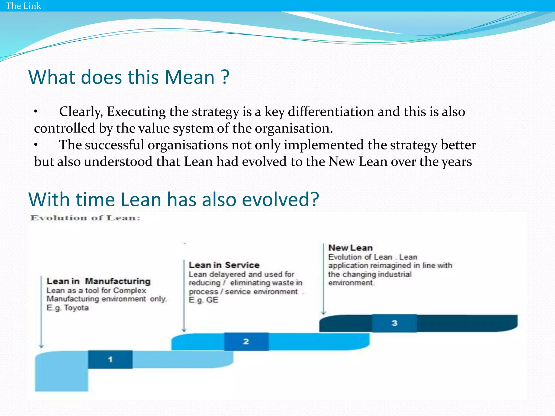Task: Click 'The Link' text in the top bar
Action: [x=23, y=6]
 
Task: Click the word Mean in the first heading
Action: [x=189, y=77]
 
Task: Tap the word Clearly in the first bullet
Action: [x=81, y=112]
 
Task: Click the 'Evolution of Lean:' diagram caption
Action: [x=85, y=218]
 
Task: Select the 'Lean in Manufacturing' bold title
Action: [x=98, y=281]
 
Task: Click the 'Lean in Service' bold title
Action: [x=224, y=265]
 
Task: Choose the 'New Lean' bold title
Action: [x=350, y=248]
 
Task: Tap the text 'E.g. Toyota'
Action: [x=67, y=308]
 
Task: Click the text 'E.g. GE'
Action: [x=203, y=300]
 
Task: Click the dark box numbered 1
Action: [x=110, y=359]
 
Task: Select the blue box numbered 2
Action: [x=246, y=342]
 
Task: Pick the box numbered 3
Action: [x=394, y=323]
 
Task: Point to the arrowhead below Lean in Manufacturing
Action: [x=41, y=346]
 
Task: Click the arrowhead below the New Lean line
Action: [x=324, y=313]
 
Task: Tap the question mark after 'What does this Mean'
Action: [x=225, y=77]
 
